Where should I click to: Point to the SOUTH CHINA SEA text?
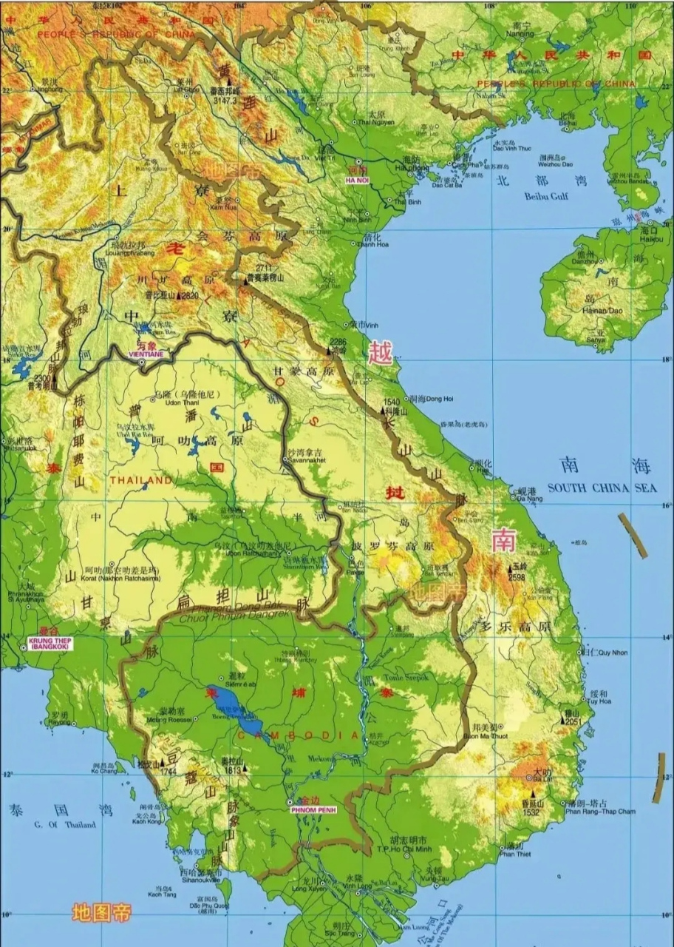(x=602, y=488)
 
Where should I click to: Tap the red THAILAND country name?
(x=141, y=480)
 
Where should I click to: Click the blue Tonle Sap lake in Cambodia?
(x=234, y=707)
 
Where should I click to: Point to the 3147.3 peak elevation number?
(x=224, y=99)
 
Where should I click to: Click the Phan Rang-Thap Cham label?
(x=600, y=811)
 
